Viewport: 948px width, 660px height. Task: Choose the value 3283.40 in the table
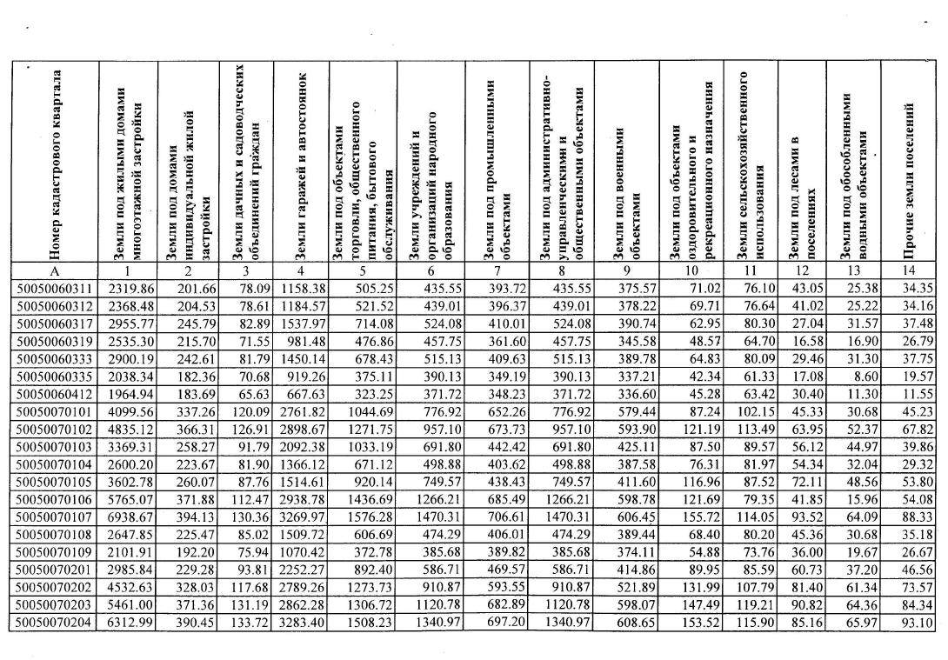(x=301, y=623)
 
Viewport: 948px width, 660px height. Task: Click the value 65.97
(x=859, y=623)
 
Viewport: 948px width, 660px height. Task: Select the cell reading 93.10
(x=917, y=623)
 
